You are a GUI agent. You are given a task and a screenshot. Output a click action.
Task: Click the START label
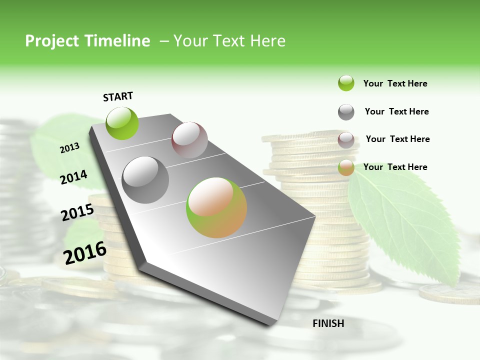[118, 96]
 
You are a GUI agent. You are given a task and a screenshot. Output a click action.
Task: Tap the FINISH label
[328, 323]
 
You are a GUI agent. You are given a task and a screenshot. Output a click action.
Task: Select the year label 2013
[69, 148]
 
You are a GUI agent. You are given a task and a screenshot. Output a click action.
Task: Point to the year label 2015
[77, 212]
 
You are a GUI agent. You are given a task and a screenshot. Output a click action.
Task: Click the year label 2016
[85, 253]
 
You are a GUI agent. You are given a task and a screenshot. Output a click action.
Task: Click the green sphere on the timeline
[122, 123]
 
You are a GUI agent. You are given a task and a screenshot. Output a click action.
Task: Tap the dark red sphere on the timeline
[189, 140]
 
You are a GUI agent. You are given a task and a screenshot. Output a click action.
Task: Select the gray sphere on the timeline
[145, 180]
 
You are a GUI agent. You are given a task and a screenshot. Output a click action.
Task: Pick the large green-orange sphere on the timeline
[216, 207]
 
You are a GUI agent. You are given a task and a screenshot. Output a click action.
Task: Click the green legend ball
[346, 83]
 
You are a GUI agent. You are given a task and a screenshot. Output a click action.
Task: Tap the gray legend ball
[346, 112]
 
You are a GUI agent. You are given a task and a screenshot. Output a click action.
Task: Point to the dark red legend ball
[346, 140]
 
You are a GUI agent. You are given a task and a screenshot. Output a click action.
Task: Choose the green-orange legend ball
[346, 167]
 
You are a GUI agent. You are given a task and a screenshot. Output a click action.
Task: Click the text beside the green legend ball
[395, 83]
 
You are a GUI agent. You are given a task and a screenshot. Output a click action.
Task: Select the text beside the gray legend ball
[396, 111]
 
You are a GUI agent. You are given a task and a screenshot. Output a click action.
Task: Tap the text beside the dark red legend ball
[397, 139]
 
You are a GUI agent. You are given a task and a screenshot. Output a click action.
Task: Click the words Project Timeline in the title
[87, 41]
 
